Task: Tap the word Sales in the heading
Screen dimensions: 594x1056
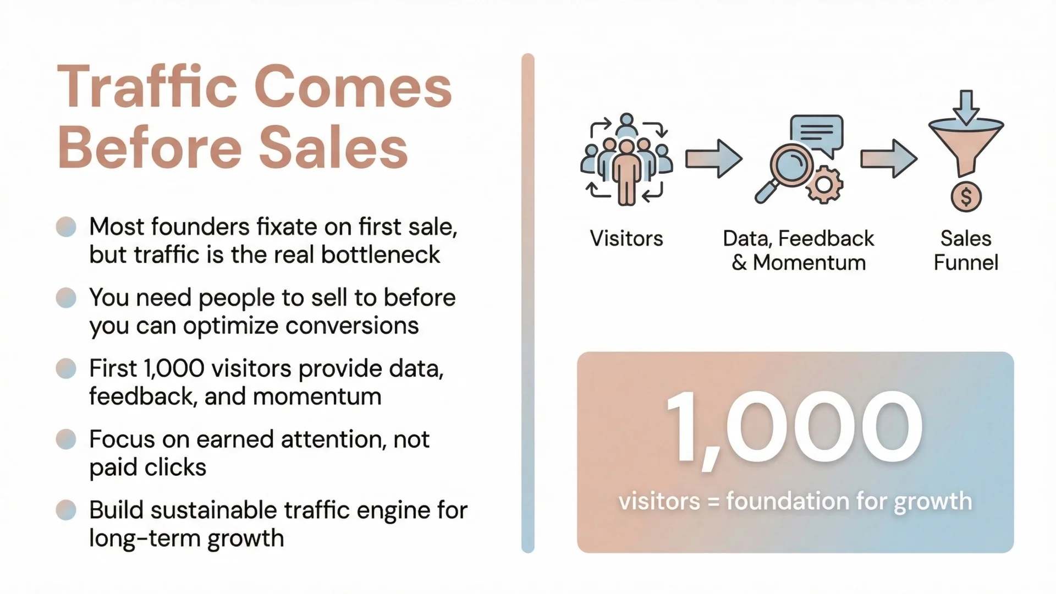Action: click(333, 147)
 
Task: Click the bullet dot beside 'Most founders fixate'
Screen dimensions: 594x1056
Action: click(66, 227)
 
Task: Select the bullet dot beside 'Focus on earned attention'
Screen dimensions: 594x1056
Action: click(66, 439)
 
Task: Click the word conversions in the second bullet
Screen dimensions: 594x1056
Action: click(352, 326)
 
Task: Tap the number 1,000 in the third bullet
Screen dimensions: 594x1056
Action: click(174, 369)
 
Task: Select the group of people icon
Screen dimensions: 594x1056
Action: click(626, 159)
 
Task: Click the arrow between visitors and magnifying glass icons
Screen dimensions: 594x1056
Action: click(713, 159)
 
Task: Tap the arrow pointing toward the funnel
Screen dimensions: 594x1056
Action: click(888, 159)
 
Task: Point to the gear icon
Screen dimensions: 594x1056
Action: click(824, 185)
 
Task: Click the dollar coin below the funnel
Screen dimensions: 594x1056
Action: click(966, 196)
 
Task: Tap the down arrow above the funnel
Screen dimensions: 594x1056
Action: click(966, 107)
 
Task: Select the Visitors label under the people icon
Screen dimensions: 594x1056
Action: click(626, 239)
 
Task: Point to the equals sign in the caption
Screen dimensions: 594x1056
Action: click(713, 502)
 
